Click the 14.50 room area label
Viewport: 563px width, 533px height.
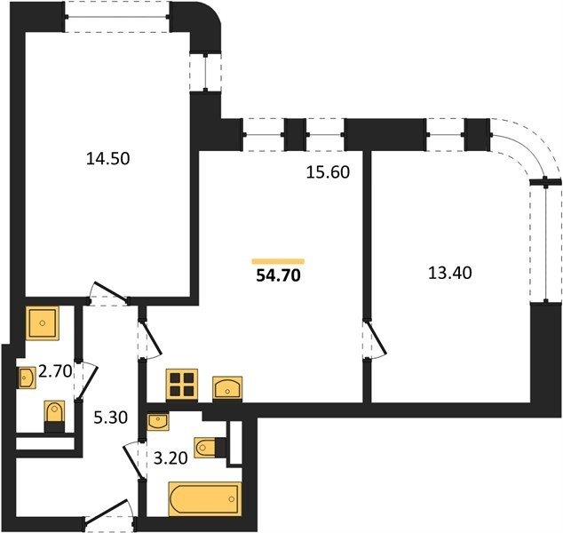pyautogui.click(x=107, y=159)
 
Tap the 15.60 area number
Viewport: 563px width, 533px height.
pyautogui.click(x=328, y=172)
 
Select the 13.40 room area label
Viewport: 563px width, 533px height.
pyautogui.click(x=450, y=273)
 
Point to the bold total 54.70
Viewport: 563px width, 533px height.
pyautogui.click(x=278, y=275)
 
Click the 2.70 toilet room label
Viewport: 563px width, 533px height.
pyautogui.click(x=55, y=371)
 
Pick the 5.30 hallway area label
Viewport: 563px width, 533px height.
pyautogui.click(x=111, y=418)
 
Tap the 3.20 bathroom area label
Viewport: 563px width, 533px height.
pyautogui.click(x=170, y=458)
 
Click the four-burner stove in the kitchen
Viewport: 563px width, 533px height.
pyautogui.click(x=182, y=385)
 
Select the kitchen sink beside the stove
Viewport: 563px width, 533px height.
pyautogui.click(x=227, y=388)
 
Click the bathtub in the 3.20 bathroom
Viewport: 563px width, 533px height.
pyautogui.click(x=205, y=499)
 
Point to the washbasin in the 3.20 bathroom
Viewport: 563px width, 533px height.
pyautogui.click(x=158, y=421)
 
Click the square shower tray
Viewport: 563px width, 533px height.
pyautogui.click(x=43, y=322)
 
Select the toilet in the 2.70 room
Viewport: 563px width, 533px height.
pyautogui.click(x=54, y=417)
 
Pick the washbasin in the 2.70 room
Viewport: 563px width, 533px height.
pyautogui.click(x=27, y=378)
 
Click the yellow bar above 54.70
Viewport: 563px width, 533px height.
pyautogui.click(x=278, y=261)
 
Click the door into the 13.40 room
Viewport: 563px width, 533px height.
pyautogui.click(x=375, y=339)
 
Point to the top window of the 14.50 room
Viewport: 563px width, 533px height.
pyautogui.click(x=117, y=17)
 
